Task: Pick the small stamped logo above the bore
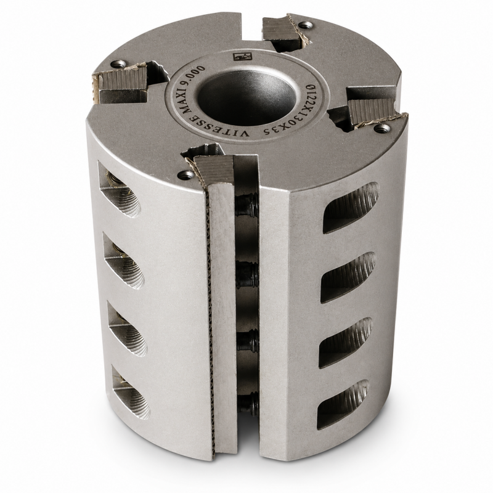pos(242,57)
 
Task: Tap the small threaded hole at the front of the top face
pos(185,174)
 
